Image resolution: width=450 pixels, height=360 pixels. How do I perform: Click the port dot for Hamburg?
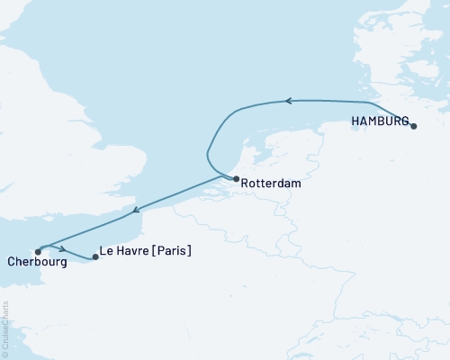coord(413,126)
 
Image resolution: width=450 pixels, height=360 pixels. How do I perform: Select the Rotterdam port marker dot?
coord(236,179)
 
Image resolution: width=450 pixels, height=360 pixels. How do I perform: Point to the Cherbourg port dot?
coord(38,252)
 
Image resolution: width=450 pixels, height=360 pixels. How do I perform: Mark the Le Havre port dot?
coord(95,257)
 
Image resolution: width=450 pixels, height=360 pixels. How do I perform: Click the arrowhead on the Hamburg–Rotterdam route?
coord(290,101)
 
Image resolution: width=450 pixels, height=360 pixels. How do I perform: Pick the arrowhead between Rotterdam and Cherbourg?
coord(135,212)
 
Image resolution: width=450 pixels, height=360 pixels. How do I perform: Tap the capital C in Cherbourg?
coord(10,264)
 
